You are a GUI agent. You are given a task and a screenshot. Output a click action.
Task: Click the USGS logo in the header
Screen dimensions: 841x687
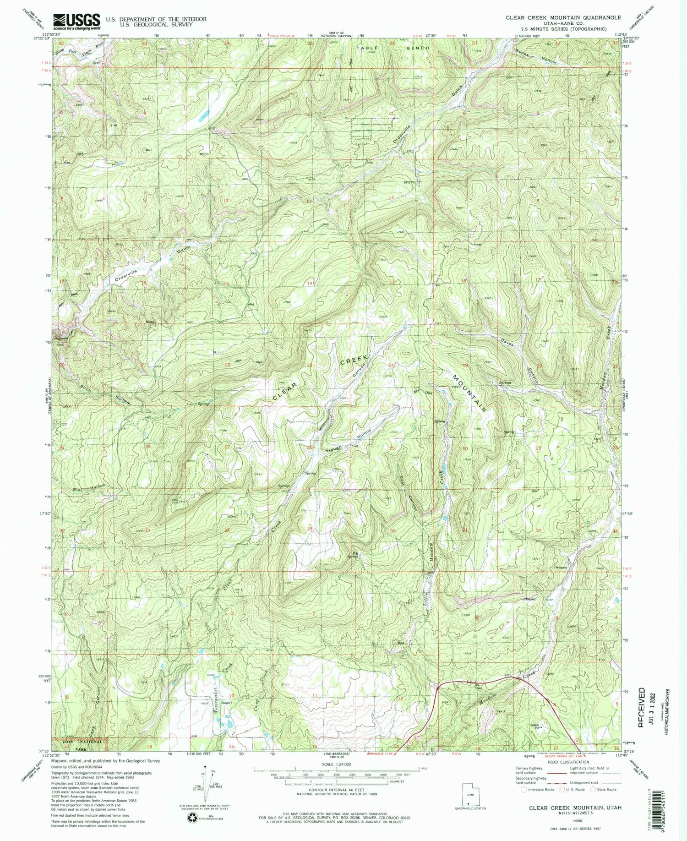76,22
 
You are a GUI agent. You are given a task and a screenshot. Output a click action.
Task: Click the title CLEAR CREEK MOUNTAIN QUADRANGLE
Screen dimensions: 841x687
563,17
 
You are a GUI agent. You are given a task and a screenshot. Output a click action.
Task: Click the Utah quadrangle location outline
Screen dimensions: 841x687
469,796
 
